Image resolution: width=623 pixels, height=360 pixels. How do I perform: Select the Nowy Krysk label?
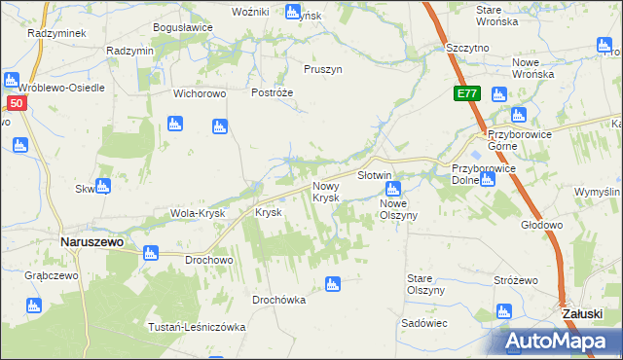click(x=325, y=191)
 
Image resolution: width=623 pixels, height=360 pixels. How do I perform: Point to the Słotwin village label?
click(x=375, y=175)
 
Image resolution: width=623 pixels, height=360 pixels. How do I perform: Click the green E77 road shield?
click(x=465, y=94)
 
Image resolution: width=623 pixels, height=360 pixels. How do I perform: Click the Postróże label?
click(x=272, y=92)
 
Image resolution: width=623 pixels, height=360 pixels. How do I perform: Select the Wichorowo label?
click(x=199, y=95)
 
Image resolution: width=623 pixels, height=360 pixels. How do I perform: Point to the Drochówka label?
click(x=279, y=300)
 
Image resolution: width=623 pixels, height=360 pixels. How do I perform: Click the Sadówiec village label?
click(x=422, y=321)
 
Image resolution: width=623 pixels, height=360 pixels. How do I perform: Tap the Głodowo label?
click(x=542, y=225)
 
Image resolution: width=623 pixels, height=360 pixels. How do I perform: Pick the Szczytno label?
click(x=466, y=46)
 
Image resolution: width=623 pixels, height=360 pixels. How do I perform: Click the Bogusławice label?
click(x=182, y=27)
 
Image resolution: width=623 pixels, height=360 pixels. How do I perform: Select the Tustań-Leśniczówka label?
click(x=197, y=326)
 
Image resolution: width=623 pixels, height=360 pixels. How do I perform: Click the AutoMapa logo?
click(x=561, y=341)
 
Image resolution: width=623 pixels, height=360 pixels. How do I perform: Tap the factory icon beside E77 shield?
click(x=499, y=95)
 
